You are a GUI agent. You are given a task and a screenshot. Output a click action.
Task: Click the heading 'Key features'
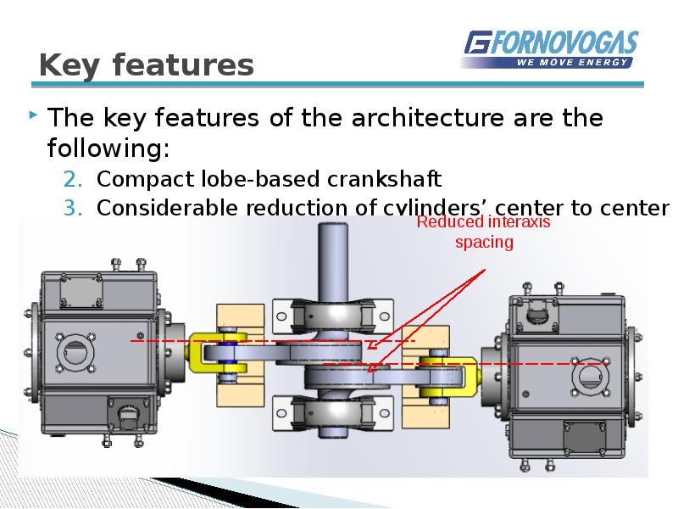click(x=147, y=65)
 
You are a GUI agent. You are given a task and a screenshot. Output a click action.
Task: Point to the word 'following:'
click(x=108, y=149)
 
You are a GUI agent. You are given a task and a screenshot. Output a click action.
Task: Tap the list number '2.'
click(x=74, y=179)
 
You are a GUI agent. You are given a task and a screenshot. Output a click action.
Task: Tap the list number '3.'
click(x=74, y=207)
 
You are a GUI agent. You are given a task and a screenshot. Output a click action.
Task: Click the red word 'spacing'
click(x=485, y=243)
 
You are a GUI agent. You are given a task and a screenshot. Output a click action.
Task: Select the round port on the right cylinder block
click(x=589, y=374)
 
